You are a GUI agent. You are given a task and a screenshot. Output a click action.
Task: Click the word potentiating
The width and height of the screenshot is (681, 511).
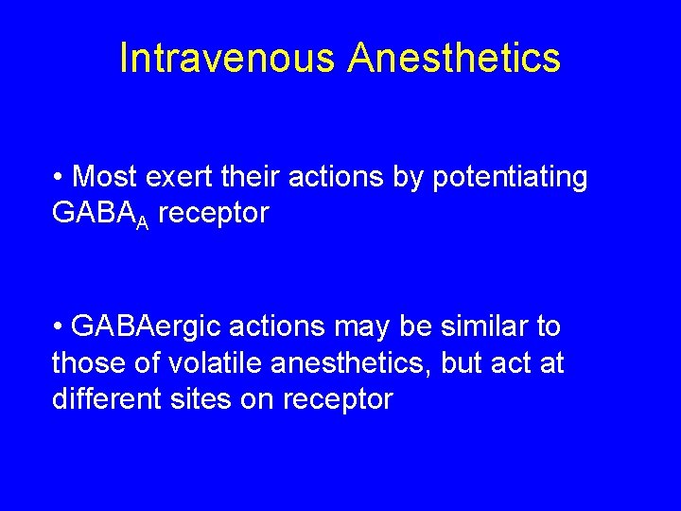tap(507, 177)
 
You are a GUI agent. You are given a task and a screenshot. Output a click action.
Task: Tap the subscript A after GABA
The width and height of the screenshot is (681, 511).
tap(142, 220)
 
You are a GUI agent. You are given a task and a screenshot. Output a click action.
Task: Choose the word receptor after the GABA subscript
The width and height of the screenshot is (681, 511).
tap(214, 214)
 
